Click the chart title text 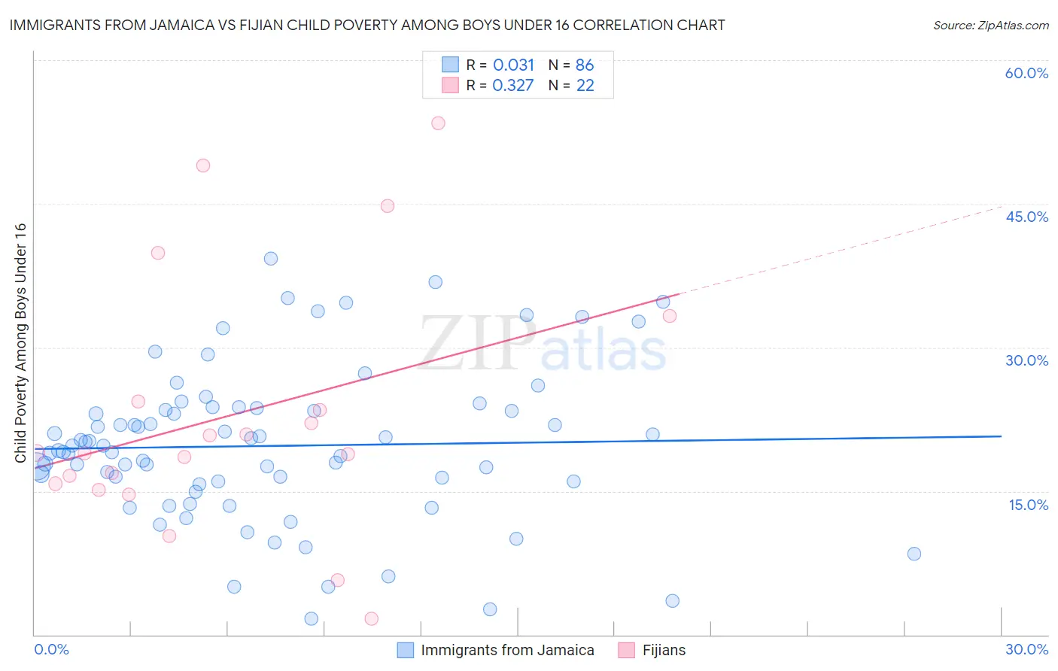click(367, 25)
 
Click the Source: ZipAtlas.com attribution click(990, 25)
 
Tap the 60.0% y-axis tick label click(1026, 73)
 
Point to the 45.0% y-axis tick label click(1026, 217)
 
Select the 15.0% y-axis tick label click(1028, 505)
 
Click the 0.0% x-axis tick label click(51, 649)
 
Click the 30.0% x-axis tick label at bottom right click(1026, 649)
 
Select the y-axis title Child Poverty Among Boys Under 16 click(20, 343)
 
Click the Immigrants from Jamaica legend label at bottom click(507, 650)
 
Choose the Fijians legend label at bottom click(664, 650)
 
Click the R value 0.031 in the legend click(513, 65)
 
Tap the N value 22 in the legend click(585, 85)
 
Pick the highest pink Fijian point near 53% click(438, 123)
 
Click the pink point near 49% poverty click(202, 165)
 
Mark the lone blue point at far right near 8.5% click(914, 554)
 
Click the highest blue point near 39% click(271, 258)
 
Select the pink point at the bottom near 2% click(371, 618)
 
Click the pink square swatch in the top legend click(450, 85)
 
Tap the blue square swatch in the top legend click(450, 65)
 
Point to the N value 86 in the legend click(585, 65)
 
